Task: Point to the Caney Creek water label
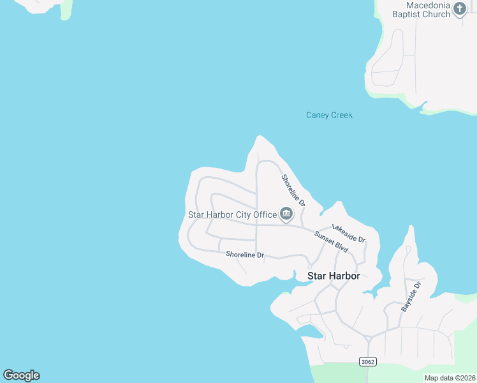pos(329,116)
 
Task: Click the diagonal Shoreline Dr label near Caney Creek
pos(293,190)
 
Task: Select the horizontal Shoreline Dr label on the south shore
pos(244,255)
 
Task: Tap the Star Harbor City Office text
pos(232,214)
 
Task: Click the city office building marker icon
pos(286,214)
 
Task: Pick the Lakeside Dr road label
pos(348,234)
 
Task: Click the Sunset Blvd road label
pos(331,241)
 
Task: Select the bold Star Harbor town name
pos(334,276)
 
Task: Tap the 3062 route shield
pos(367,362)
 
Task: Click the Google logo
pos(21,375)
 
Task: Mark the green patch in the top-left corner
pos(66,10)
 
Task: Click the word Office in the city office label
pos(265,214)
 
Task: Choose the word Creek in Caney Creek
pos(341,116)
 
